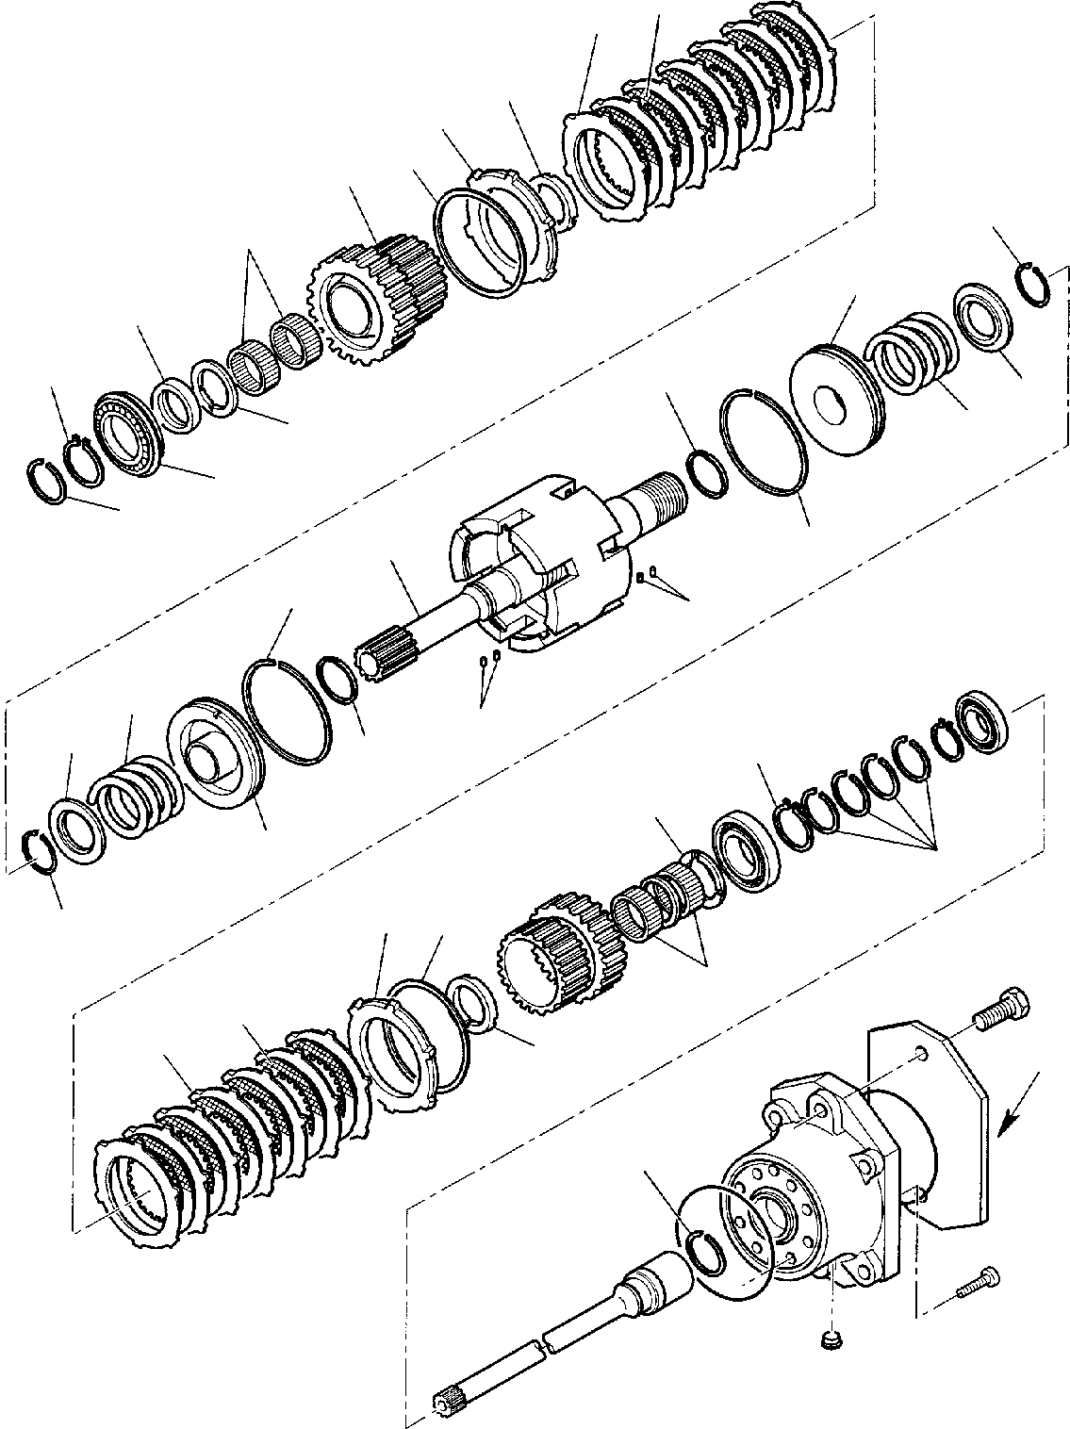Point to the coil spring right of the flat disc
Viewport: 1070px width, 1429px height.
pyautogui.click(x=911, y=358)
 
